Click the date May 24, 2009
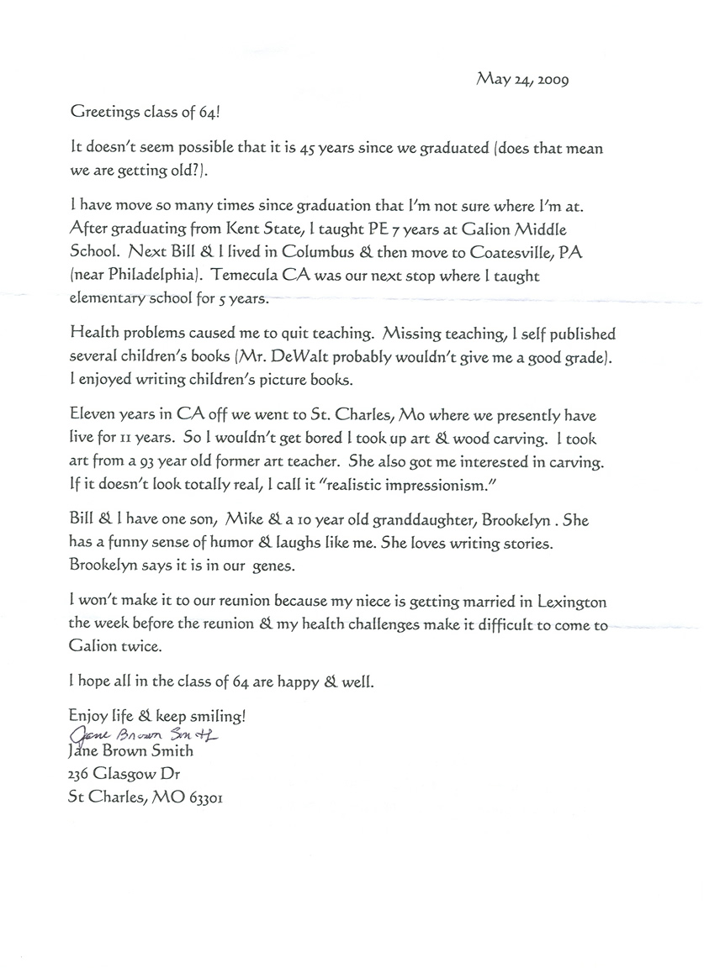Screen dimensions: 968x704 coord(523,80)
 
